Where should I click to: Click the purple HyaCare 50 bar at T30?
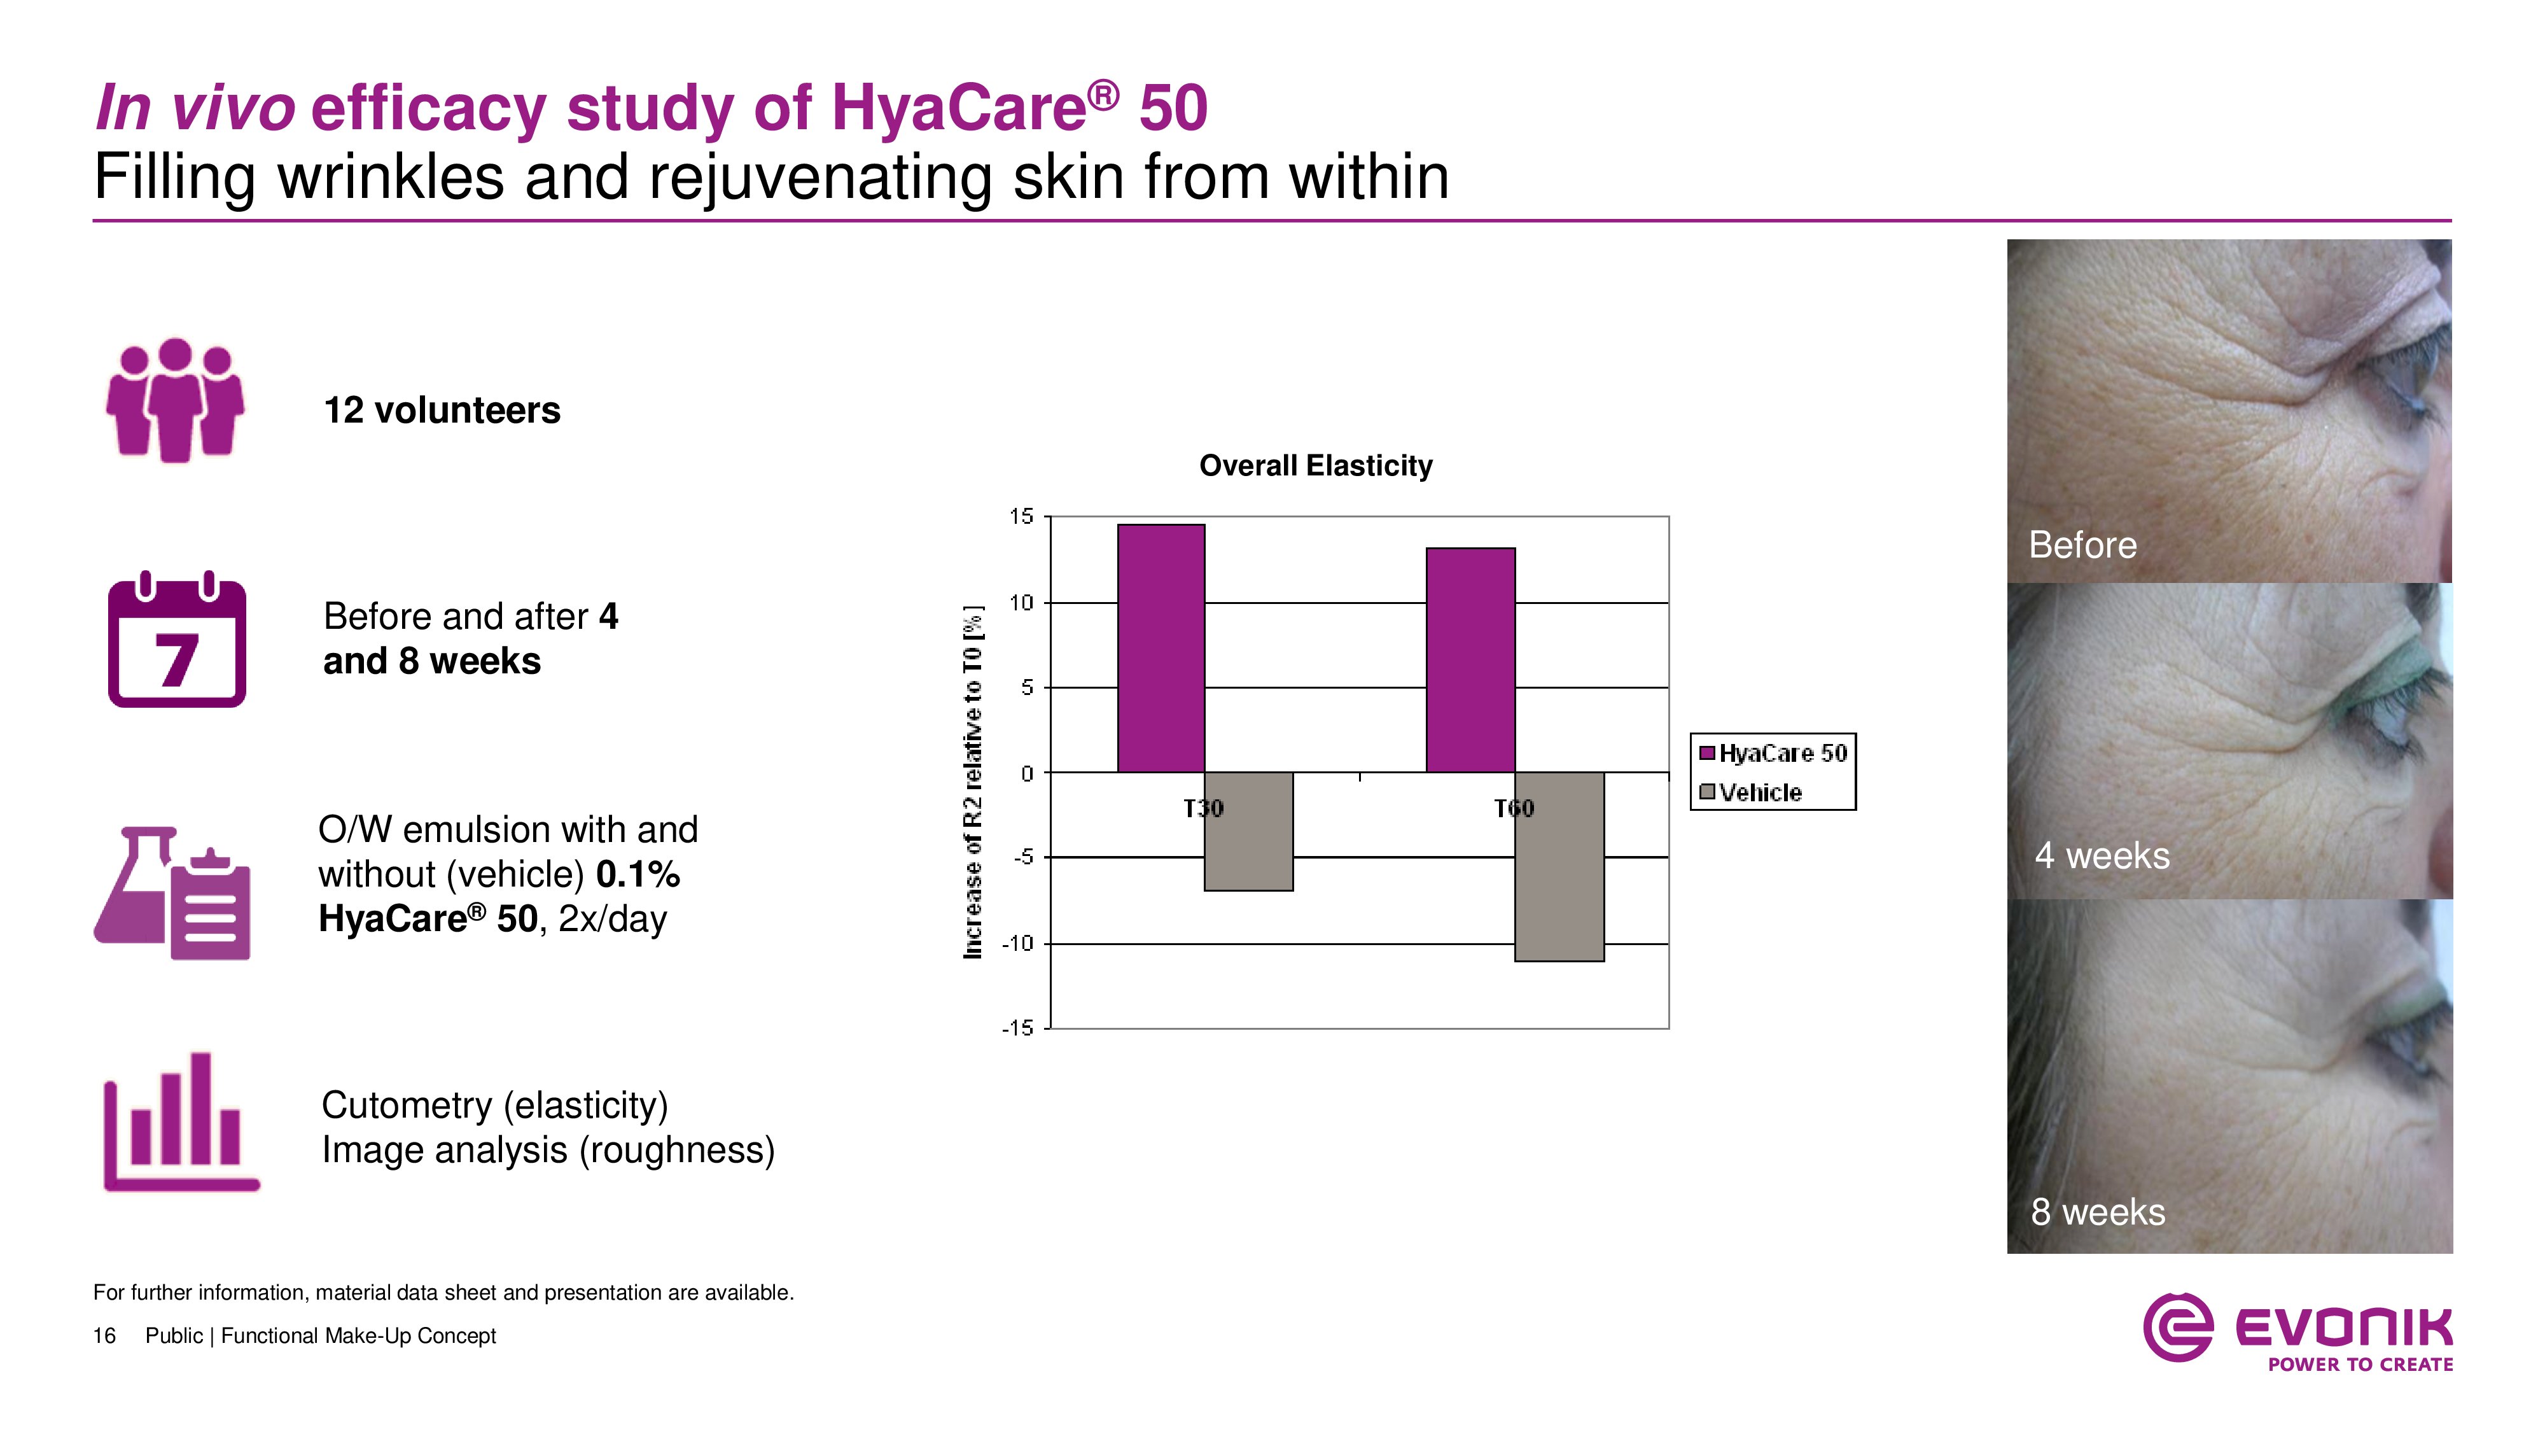coord(1161,647)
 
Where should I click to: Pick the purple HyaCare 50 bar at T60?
coord(1470,659)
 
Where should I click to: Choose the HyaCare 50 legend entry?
coord(1773,753)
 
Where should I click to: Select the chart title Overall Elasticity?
coord(1315,465)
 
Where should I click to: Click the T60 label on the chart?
coord(1514,808)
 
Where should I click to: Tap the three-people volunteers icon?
coord(175,400)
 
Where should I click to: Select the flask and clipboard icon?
coord(173,894)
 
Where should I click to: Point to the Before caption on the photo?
coord(2082,545)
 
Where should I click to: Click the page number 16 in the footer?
coord(104,1336)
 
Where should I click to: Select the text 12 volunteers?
coord(442,410)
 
